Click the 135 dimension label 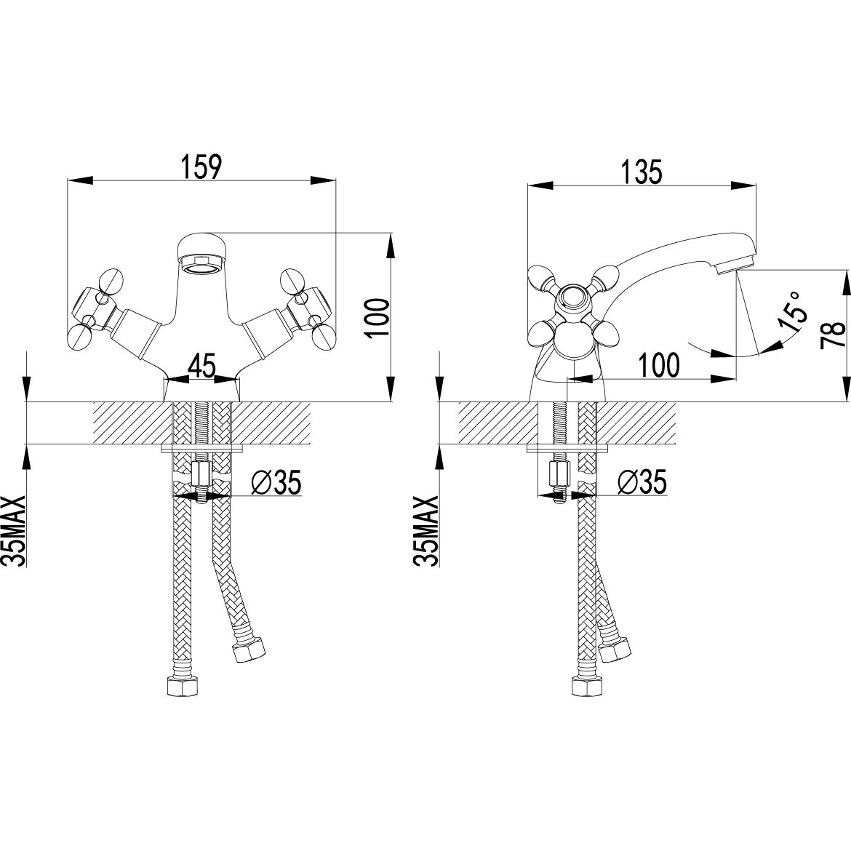click(642, 172)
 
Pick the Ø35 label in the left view click(273, 481)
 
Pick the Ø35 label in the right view click(640, 481)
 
